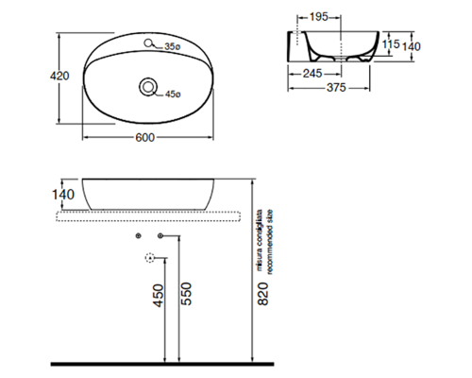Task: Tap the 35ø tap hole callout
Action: [x=172, y=46]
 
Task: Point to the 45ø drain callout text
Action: [x=173, y=93]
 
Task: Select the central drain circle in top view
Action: [x=147, y=87]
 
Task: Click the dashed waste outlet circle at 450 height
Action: [x=148, y=257]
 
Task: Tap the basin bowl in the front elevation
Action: [x=151, y=194]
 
